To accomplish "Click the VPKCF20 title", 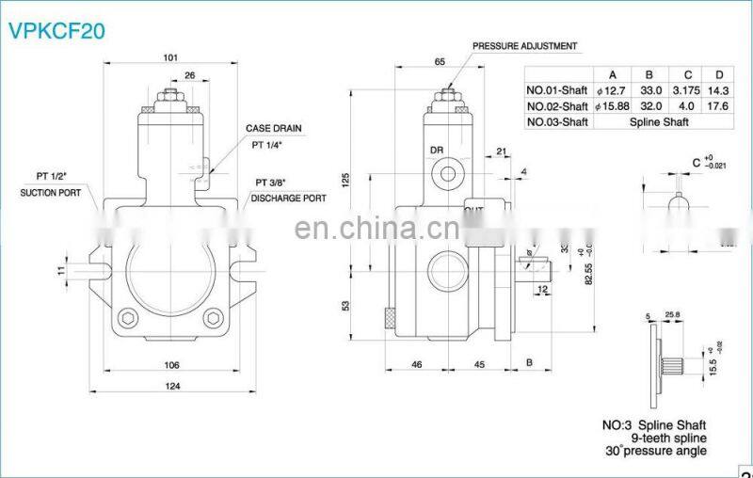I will click(56, 30).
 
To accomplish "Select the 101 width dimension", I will click(169, 57).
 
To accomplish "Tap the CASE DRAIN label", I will click(274, 127).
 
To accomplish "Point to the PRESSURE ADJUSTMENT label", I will click(524, 45).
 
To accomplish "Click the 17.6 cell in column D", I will click(720, 106).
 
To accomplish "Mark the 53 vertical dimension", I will click(345, 306).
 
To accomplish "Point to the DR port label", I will click(437, 150).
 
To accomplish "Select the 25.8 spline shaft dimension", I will click(673, 315).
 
